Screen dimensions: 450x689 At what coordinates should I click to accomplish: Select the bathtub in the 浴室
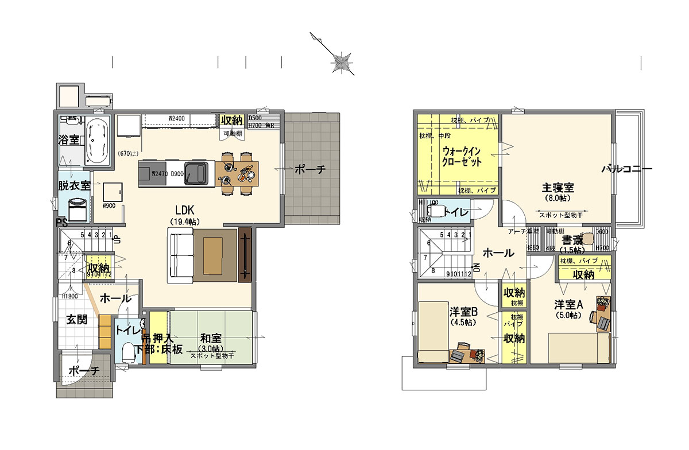coord(99,141)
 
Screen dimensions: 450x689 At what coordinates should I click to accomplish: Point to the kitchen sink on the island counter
coord(198,173)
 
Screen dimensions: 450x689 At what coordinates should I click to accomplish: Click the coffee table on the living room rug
coord(212,254)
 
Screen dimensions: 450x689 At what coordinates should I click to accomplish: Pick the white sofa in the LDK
coord(180,255)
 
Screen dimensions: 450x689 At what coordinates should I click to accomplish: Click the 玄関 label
coord(76,320)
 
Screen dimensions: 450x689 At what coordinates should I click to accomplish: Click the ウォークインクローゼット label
coord(462,156)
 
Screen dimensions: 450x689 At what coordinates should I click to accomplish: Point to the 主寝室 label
coord(558,188)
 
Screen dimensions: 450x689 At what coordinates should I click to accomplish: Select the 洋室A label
coord(568,304)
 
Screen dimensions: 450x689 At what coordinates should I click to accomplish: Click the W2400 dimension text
coord(176,119)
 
